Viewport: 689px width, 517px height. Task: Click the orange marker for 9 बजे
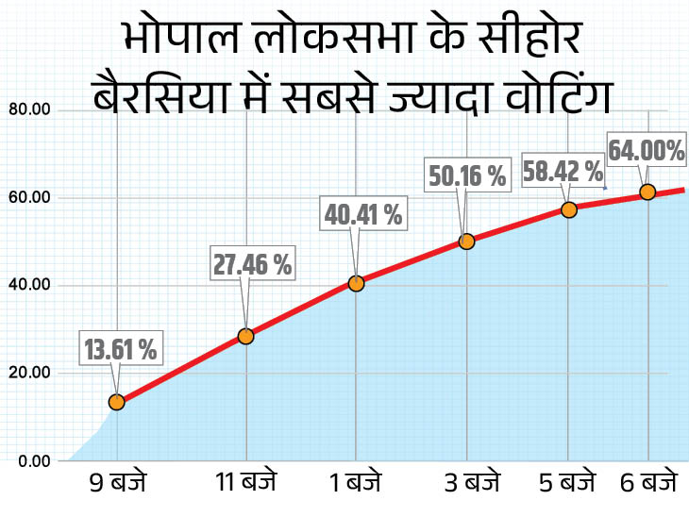pyautogui.click(x=117, y=402)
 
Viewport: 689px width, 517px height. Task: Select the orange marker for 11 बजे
pyautogui.click(x=245, y=336)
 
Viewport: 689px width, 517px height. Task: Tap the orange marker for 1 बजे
pyautogui.click(x=356, y=283)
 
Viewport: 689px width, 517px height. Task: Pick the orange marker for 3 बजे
pyautogui.click(x=466, y=242)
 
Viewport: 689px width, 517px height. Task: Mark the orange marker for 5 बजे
pyautogui.click(x=568, y=209)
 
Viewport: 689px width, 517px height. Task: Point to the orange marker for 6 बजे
pyautogui.click(x=647, y=192)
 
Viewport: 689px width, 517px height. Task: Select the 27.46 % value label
pyautogui.click(x=252, y=264)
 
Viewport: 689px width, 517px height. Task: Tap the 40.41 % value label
pyautogui.click(x=363, y=214)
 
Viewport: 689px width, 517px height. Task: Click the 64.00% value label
pyautogui.click(x=646, y=150)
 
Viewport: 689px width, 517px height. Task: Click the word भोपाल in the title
pyautogui.click(x=177, y=41)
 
